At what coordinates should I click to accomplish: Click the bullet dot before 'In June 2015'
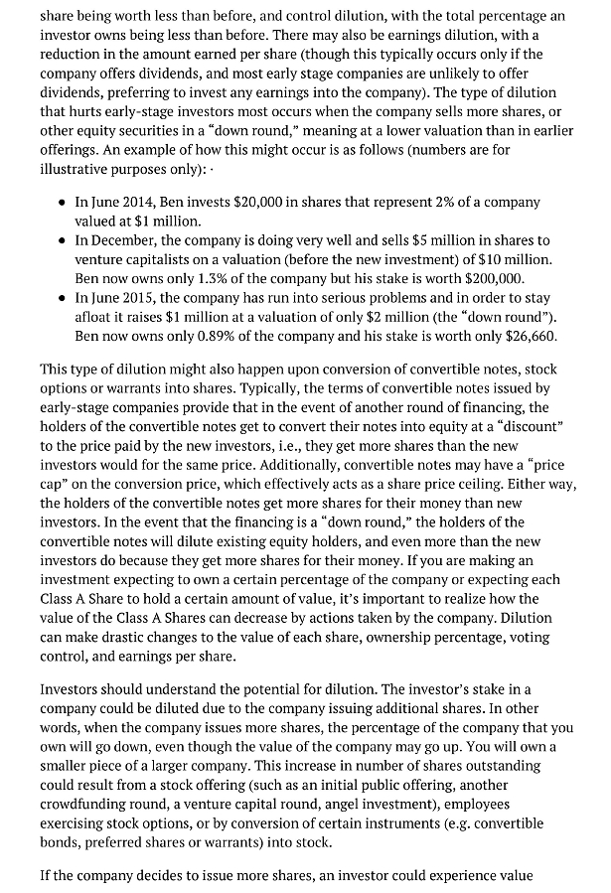tap(64, 298)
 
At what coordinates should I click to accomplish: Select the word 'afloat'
tap(96, 317)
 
